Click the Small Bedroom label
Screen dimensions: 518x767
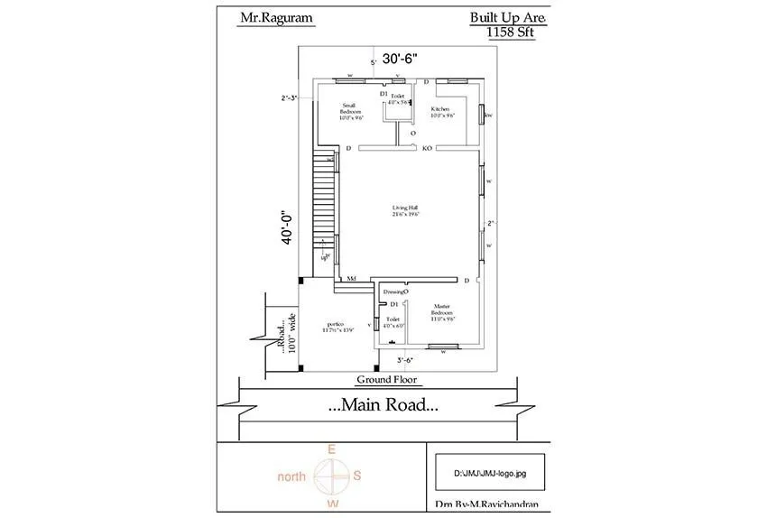point(351,111)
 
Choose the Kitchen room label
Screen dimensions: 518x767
point(440,112)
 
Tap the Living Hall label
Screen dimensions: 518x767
point(404,210)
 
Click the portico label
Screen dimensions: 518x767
point(338,326)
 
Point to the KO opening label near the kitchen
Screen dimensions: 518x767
point(427,148)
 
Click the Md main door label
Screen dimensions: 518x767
point(351,281)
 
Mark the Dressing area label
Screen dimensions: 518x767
point(395,292)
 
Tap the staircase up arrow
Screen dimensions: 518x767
point(323,249)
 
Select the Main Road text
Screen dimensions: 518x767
point(383,406)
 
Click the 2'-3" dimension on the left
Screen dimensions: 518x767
point(290,97)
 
